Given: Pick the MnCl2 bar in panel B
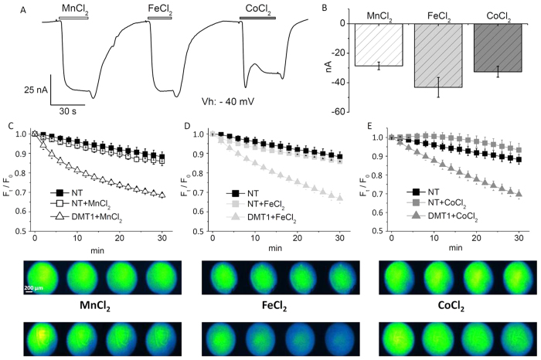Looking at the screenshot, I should (x=379, y=44).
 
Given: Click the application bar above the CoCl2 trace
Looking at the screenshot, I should (x=257, y=16).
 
